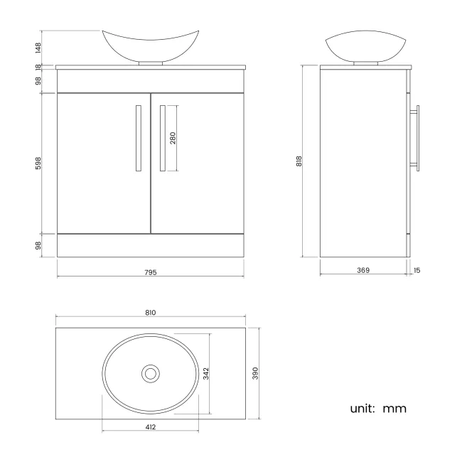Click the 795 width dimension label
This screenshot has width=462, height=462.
150,272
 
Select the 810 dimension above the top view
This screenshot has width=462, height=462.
150,313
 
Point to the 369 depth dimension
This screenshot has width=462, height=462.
363,270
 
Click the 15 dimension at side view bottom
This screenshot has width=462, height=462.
417,270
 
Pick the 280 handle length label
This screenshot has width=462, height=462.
173,138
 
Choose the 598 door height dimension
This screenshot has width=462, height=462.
38,163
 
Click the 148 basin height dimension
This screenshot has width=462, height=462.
38,48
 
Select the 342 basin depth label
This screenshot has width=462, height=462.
206,373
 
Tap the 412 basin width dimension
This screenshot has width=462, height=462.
151,427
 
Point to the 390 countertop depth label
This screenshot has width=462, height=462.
255,373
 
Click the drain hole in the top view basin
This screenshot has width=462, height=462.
150,372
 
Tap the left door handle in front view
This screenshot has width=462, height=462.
138,138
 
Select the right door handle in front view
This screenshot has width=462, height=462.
162,138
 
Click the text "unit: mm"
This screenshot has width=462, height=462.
377,409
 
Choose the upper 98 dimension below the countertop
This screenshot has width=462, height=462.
38,82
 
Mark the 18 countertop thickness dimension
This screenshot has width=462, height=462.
38,67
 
